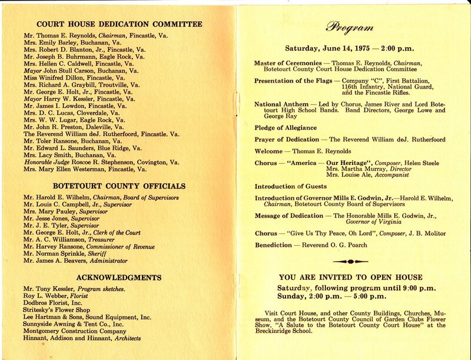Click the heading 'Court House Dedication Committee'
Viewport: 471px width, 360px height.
(x=120, y=24)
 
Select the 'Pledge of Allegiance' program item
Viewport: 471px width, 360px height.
(x=285, y=128)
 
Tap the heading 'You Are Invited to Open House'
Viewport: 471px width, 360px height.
(x=350, y=277)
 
